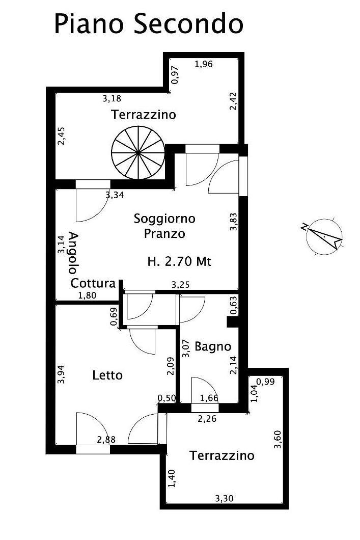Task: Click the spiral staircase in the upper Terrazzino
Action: point(137,152)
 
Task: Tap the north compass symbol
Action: point(323,236)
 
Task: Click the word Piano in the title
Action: point(89,23)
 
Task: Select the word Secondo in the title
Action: point(188,23)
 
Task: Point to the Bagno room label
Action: point(213,346)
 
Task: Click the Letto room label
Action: point(107,375)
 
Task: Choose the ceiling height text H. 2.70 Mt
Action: point(179,261)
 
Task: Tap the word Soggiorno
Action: point(164,219)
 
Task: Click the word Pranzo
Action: point(164,233)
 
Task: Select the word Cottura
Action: point(93,283)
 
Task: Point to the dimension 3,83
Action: point(233,222)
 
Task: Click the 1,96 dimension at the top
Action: point(204,64)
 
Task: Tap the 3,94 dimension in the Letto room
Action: point(62,375)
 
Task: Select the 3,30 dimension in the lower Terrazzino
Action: point(224,498)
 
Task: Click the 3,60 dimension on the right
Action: point(278,439)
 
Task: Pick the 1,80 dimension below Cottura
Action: point(88,295)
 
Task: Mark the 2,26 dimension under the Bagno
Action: point(207,419)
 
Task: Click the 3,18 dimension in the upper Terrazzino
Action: point(112,98)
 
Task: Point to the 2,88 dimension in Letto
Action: point(106,440)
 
